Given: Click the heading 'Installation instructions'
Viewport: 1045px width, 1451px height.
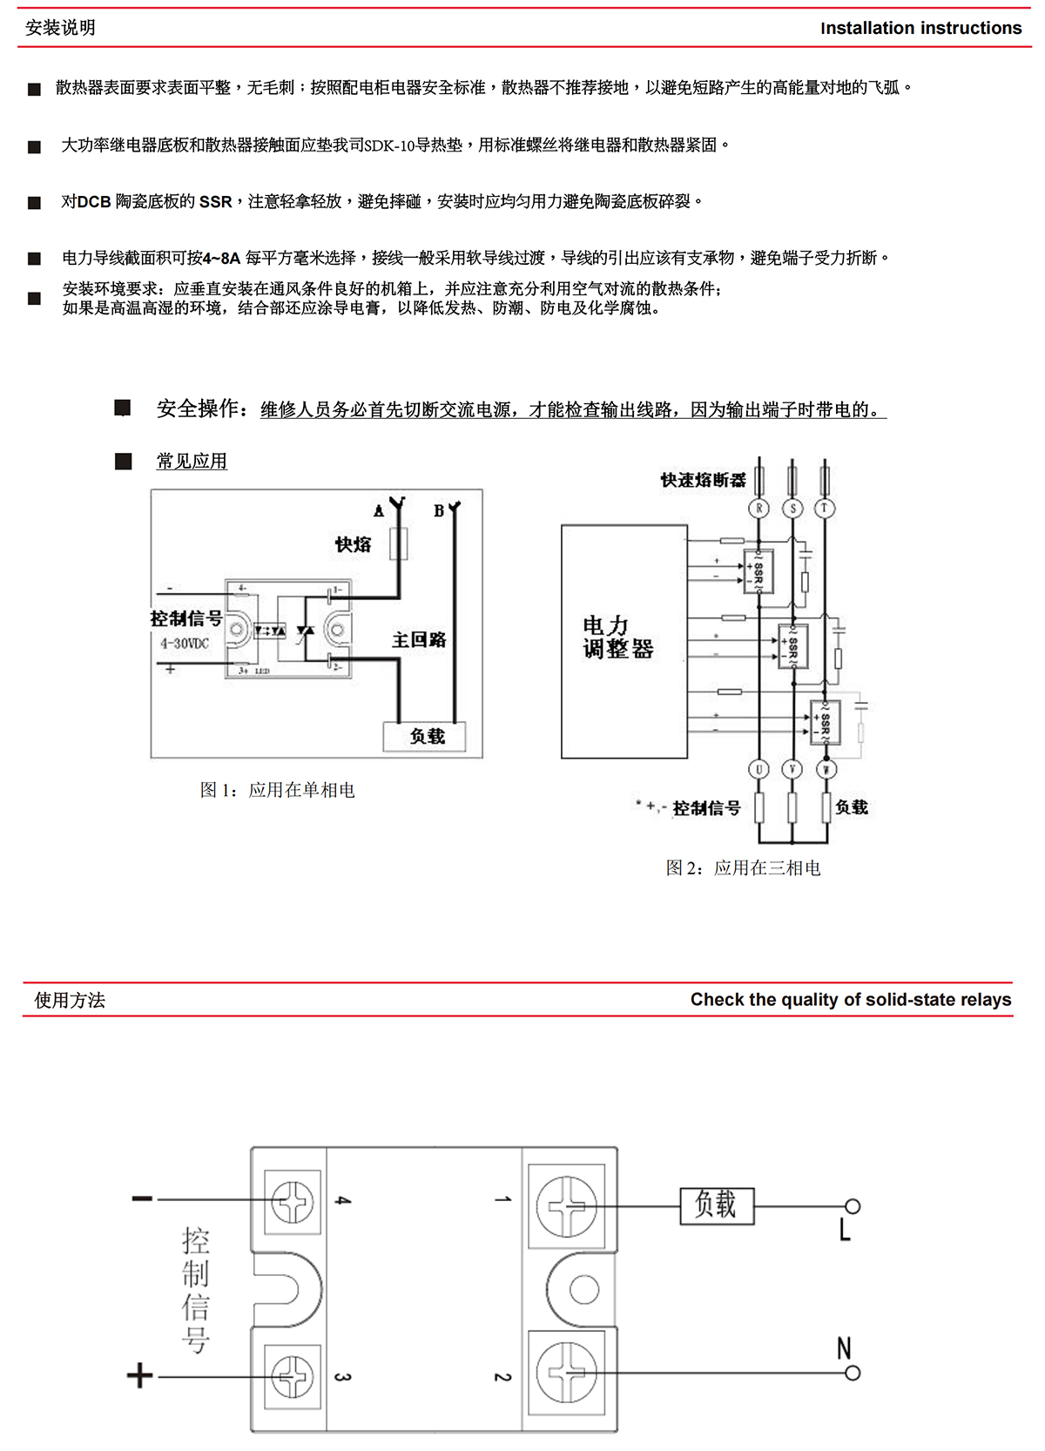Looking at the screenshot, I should tap(920, 28).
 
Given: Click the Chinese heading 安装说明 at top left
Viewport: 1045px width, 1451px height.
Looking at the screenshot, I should tap(60, 28).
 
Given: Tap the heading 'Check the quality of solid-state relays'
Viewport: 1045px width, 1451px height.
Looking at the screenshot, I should tap(850, 1000).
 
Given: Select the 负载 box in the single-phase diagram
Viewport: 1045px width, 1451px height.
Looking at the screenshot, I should tap(426, 737).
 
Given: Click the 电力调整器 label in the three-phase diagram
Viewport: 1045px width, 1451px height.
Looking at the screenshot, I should tap(617, 638).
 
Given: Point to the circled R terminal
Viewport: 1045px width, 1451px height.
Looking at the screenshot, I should tap(759, 509).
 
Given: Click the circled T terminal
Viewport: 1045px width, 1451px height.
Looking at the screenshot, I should tap(825, 509).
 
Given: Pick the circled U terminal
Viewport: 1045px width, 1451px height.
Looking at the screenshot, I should tap(759, 769).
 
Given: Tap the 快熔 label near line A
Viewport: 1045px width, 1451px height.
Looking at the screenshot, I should tap(353, 545).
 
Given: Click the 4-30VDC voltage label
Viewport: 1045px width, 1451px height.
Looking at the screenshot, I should tap(185, 644).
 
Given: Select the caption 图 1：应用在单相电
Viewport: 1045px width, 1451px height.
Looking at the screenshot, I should tap(277, 790).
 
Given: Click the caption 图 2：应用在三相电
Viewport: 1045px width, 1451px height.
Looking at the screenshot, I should tap(743, 867).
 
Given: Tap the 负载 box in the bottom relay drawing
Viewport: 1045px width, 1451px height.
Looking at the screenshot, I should tap(717, 1205).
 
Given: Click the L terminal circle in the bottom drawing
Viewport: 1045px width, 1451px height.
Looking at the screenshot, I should tap(853, 1206).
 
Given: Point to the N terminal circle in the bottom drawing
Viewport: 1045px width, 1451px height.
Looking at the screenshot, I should tap(853, 1373).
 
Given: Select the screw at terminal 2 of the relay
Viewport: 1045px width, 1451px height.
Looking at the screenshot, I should tap(566, 1373).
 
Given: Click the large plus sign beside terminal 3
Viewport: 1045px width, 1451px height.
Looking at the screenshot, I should tap(139, 1376).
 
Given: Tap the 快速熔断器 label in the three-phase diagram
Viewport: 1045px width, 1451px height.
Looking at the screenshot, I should tap(703, 480).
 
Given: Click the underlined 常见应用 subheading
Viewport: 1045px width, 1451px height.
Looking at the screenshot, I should tap(192, 462).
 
